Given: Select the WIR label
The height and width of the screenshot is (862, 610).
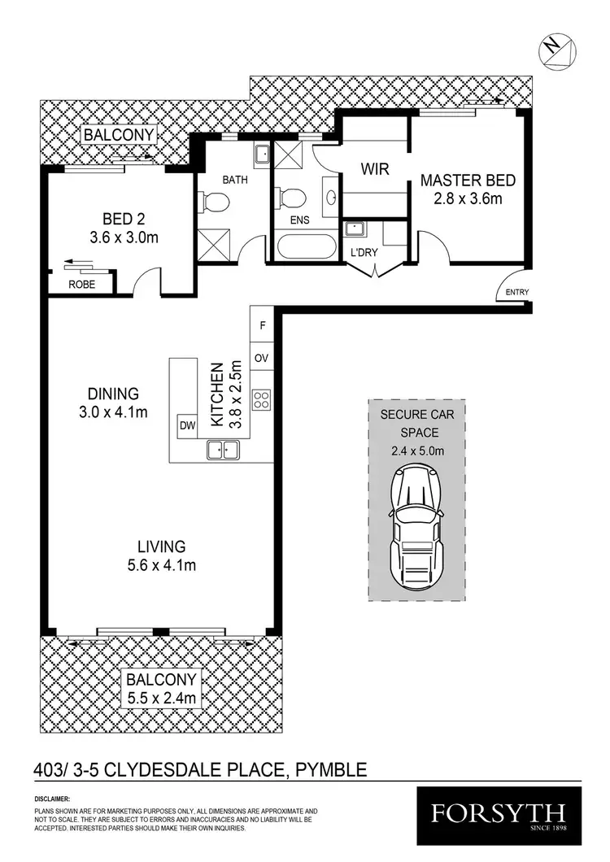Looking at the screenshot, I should coord(376,169).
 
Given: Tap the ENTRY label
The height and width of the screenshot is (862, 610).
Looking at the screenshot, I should coord(516,293).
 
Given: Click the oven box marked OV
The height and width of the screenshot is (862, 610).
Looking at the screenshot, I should coord(262,358).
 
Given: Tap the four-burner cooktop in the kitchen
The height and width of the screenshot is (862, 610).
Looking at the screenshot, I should coord(263,399).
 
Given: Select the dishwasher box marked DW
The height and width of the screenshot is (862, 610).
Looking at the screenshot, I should coord(186,424).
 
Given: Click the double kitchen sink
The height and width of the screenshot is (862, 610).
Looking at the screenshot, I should coord(222,449).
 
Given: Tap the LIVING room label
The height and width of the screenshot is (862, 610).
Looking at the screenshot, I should coord(162,546).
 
